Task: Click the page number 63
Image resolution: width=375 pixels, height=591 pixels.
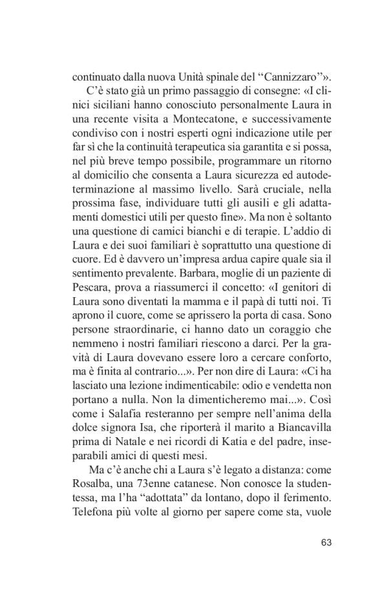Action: click(x=326, y=542)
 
